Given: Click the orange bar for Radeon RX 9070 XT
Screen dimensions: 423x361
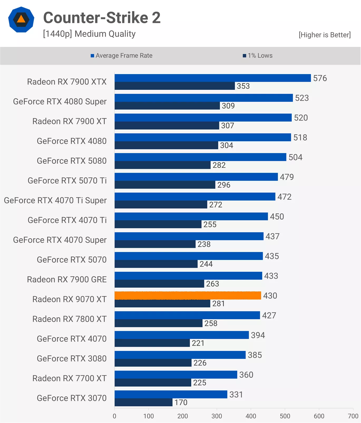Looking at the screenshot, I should click(188, 296).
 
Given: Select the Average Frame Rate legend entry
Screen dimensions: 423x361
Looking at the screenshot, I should click(121, 56).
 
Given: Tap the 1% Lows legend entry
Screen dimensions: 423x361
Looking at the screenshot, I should click(257, 56).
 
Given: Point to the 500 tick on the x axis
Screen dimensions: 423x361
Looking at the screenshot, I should click(285, 416).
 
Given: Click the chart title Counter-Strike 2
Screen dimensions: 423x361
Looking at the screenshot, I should click(102, 18).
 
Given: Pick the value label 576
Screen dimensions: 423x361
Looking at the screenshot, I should click(320, 78).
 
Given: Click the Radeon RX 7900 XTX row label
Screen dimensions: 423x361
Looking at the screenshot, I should click(67, 82).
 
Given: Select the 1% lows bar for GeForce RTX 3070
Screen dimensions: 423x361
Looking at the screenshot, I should click(144, 402).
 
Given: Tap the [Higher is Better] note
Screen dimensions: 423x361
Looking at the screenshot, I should click(325, 35).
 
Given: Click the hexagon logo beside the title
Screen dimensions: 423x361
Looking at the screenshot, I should click(21, 20).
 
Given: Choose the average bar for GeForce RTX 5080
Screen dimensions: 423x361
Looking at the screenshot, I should click(200, 157).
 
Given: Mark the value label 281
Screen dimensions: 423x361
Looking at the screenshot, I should click(218, 303).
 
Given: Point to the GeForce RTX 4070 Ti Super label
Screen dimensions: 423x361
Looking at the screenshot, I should click(55, 201).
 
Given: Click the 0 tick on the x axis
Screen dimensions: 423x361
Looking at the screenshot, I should click(114, 416).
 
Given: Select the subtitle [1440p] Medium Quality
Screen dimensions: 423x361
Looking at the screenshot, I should click(89, 34).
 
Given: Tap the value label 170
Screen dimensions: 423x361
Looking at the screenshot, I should click(181, 402).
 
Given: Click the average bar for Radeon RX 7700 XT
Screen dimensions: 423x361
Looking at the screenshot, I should click(176, 375).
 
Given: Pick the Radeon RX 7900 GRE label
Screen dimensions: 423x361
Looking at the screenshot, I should click(67, 279).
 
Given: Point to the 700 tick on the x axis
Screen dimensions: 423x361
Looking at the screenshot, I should click(353, 416).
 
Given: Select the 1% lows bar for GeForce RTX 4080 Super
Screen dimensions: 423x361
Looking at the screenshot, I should click(167, 106).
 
